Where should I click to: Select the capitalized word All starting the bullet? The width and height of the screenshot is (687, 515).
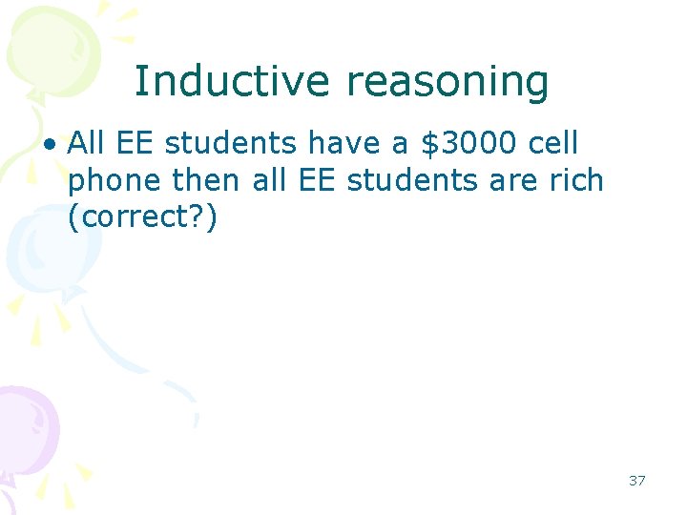point(87,144)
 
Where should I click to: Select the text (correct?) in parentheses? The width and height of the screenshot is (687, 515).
point(143,216)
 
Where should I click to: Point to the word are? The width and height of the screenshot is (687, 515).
point(514,181)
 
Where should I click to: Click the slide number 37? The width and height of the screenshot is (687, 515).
point(636,481)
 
